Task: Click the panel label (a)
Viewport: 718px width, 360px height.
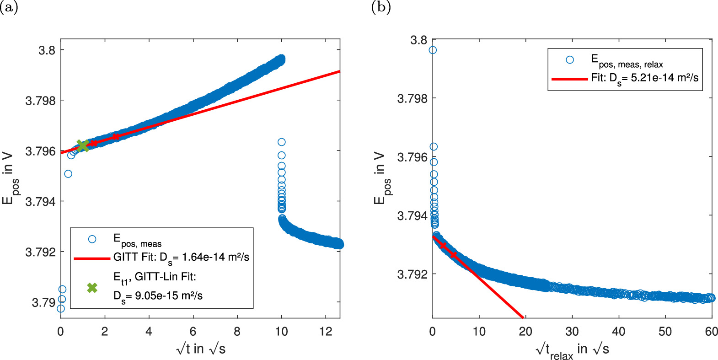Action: (9, 7)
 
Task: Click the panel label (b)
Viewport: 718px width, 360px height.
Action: (380, 7)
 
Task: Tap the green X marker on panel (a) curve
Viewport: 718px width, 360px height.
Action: (83, 145)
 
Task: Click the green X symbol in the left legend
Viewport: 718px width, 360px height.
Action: (92, 287)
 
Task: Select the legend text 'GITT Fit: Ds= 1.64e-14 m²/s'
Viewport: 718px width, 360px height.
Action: (181, 257)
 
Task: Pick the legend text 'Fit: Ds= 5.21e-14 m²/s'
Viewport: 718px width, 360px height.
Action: (644, 78)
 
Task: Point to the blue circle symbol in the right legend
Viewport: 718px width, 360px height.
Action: (569, 60)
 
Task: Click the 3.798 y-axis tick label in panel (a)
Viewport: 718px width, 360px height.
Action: (40, 101)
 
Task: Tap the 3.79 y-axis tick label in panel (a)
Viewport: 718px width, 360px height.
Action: (43, 302)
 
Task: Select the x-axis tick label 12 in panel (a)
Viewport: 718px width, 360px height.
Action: (325, 332)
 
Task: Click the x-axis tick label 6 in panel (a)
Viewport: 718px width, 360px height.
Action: (193, 332)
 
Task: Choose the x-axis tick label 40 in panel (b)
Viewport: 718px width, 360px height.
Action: (618, 332)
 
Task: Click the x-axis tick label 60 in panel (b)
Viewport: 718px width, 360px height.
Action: (711, 332)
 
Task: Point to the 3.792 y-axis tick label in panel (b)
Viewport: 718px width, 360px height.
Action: (412, 274)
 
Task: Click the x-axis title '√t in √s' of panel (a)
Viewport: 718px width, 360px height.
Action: (200, 349)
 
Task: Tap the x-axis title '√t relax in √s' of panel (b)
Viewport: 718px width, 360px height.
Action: (572, 350)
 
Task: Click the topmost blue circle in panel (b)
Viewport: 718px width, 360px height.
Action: (432, 50)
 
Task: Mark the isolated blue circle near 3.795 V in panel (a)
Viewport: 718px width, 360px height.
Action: (68, 174)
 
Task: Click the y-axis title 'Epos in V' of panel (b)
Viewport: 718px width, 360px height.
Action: (381, 178)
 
